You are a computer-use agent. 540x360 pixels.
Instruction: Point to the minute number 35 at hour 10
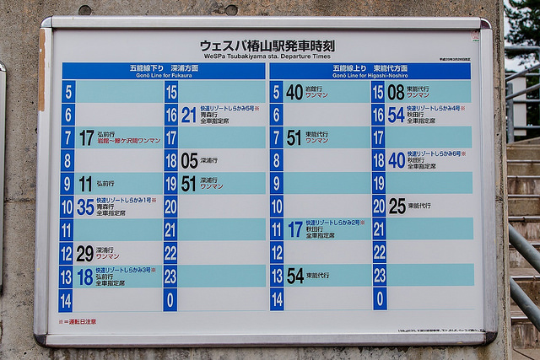click(x=84, y=206)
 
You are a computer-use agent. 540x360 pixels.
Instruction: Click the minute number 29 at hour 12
click(x=84, y=252)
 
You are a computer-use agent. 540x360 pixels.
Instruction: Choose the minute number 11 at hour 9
click(x=84, y=183)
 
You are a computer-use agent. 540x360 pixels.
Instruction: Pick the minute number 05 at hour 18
click(x=189, y=160)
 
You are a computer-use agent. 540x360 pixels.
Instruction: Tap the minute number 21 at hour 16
click(x=189, y=114)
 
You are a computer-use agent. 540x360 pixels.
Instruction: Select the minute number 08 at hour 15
click(x=396, y=91)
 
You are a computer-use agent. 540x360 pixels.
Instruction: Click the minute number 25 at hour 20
click(x=397, y=206)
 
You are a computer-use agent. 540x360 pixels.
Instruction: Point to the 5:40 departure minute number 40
click(x=294, y=91)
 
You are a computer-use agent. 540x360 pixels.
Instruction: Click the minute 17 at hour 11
click(x=294, y=228)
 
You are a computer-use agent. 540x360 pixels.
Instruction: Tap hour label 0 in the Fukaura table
click(x=170, y=298)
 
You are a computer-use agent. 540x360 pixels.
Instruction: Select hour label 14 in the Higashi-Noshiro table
click(x=276, y=298)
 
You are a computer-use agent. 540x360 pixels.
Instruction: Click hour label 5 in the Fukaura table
click(x=67, y=91)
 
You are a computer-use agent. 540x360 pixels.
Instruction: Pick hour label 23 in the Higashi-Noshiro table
click(x=379, y=275)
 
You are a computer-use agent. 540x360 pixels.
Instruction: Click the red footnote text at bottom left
click(x=78, y=321)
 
